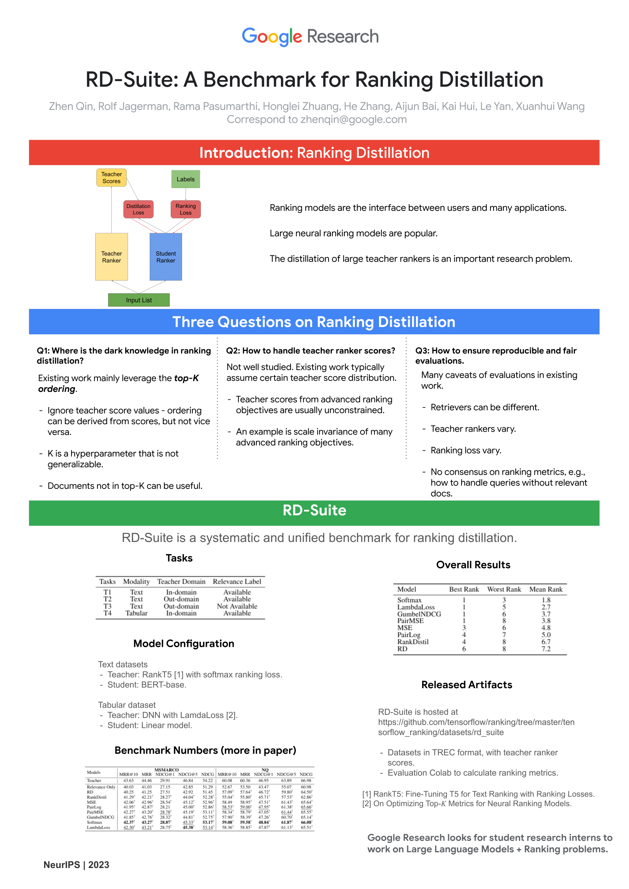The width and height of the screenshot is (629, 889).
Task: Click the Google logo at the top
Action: (x=272, y=36)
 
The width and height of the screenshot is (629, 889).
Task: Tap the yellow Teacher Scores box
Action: (x=112, y=178)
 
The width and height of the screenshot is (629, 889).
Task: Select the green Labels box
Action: (x=186, y=179)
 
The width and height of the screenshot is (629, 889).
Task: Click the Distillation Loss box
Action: (x=138, y=209)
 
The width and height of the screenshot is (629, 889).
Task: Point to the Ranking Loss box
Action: (x=186, y=209)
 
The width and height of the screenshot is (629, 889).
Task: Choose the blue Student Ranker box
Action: (x=166, y=257)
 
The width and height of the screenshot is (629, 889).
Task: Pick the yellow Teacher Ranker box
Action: (x=112, y=257)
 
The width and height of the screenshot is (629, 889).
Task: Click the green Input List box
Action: (x=139, y=300)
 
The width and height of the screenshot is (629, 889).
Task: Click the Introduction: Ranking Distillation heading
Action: (x=314, y=153)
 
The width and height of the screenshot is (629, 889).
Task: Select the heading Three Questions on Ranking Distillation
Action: (x=314, y=322)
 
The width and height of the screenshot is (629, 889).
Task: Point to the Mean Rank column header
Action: (x=546, y=589)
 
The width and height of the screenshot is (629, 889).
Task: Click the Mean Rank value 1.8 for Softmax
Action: (x=546, y=600)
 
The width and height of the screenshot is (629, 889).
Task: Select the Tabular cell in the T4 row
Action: (x=136, y=613)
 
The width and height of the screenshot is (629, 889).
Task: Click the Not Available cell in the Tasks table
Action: (x=237, y=606)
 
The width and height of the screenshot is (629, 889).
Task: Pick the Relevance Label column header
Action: (x=237, y=581)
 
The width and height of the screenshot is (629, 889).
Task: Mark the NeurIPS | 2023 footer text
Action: (x=76, y=865)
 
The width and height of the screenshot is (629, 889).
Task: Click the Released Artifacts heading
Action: (x=467, y=685)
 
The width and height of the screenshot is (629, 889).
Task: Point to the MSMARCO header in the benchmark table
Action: (x=166, y=770)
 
